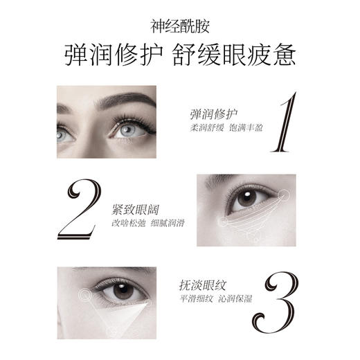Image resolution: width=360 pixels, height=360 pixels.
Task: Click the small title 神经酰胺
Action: coord(179,26)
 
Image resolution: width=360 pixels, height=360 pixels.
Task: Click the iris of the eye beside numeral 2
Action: coord(244,199)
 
